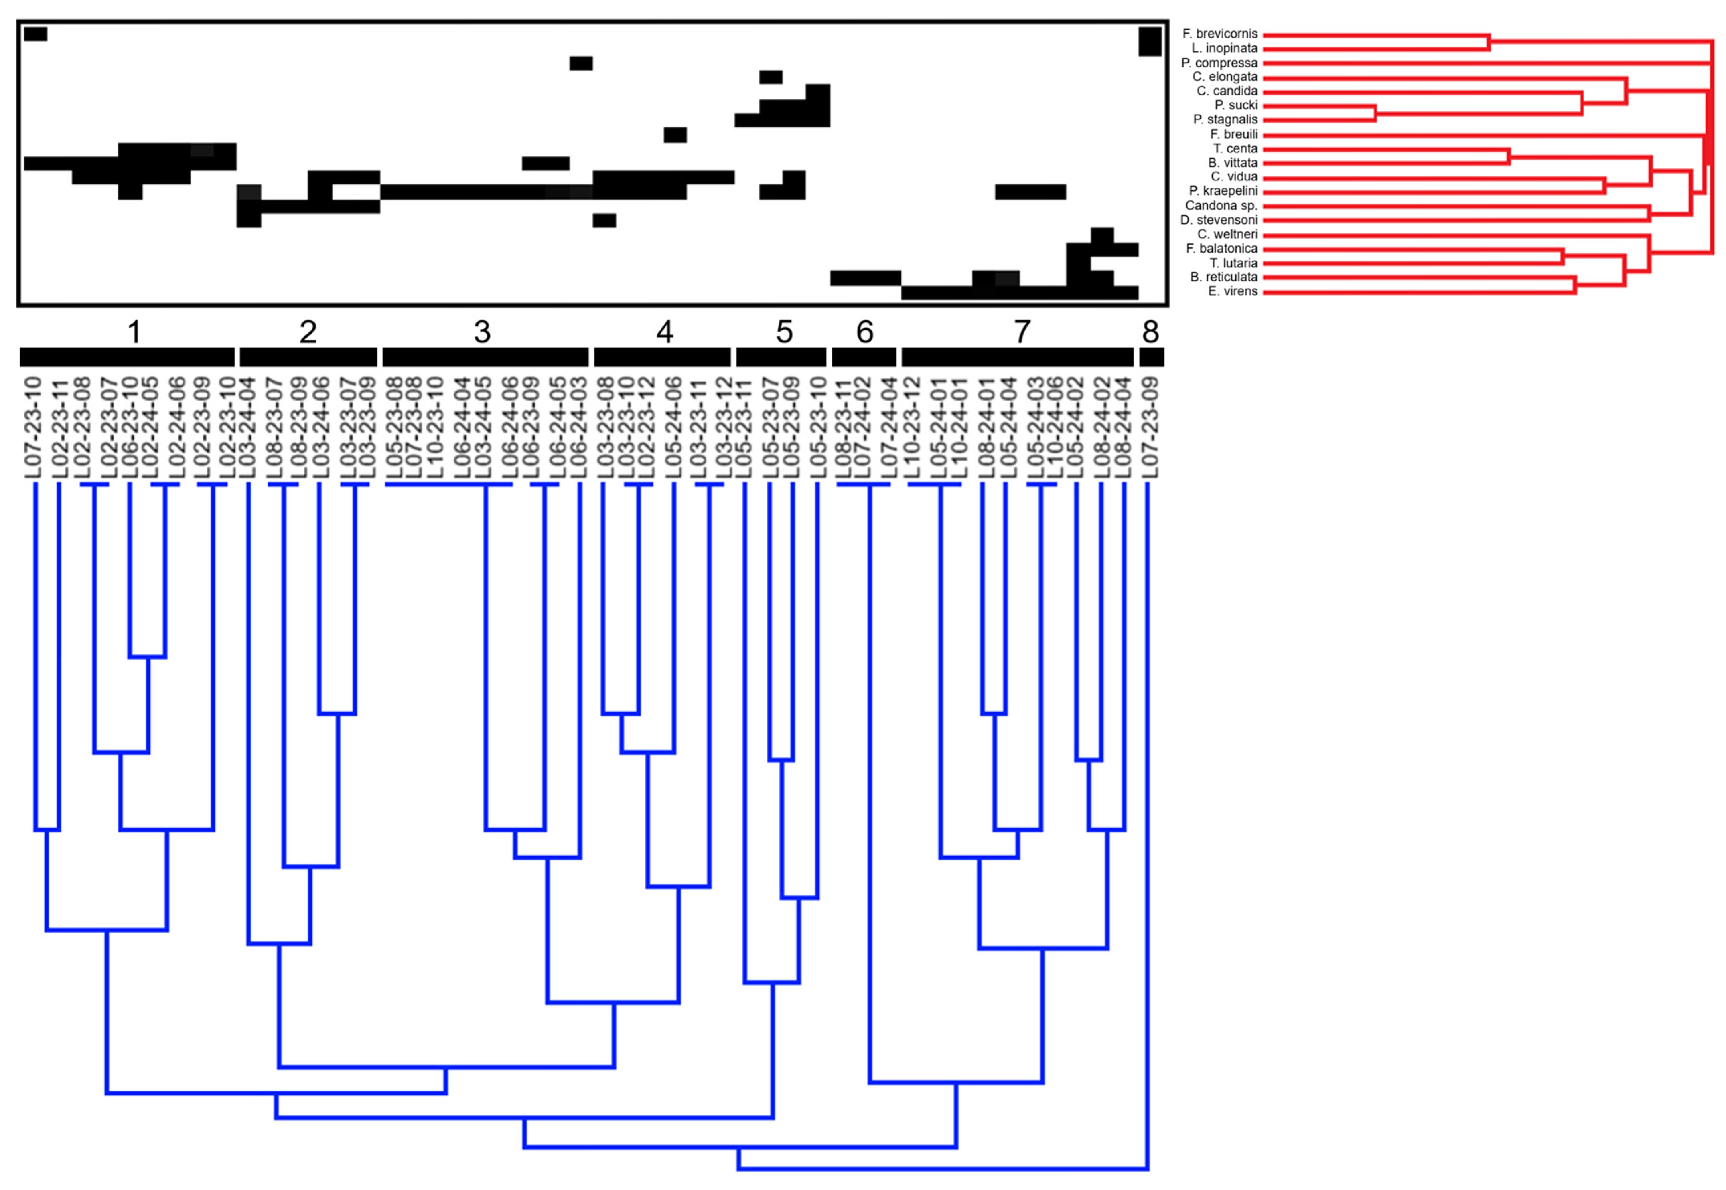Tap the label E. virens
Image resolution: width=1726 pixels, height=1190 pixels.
[1232, 291]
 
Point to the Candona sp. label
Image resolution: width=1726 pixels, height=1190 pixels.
[1221, 206]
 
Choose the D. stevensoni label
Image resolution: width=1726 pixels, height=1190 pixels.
[1219, 220]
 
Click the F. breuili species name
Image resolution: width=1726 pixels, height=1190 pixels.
[1234, 134]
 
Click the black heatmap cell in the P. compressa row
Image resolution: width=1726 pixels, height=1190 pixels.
[581, 63]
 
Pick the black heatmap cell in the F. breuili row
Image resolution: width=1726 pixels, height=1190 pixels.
[675, 135]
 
